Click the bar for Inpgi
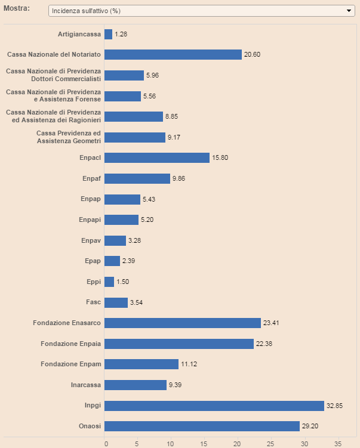tap(214, 406)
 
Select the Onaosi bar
tap(202, 426)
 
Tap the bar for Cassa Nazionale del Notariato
tap(173, 54)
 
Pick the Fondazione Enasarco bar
tap(183, 323)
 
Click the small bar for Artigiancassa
tap(108, 34)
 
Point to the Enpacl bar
tap(157, 157)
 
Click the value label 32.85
tap(334, 406)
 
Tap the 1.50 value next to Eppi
tap(123, 282)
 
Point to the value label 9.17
tap(175, 137)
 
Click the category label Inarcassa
tap(85, 385)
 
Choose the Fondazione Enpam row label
tap(70, 364)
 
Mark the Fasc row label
tap(93, 302)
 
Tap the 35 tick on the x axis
tap(337, 443)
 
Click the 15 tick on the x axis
tap(204, 443)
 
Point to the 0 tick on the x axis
tap(106, 443)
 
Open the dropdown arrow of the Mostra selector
tap(349, 11)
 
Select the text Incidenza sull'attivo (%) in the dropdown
tap(87, 11)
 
